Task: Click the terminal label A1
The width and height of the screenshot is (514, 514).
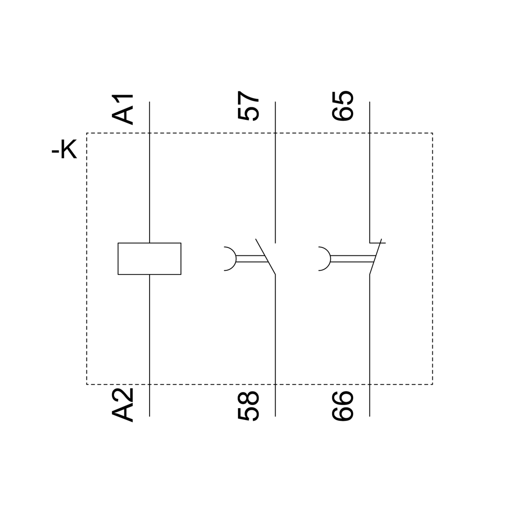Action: [123, 109]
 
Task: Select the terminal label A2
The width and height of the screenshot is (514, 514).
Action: [123, 405]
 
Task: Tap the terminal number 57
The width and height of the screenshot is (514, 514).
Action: [248, 106]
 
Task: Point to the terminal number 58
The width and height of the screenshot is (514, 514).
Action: [248, 406]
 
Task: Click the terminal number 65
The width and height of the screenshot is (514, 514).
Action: [342, 106]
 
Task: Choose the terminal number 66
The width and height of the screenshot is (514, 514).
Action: [342, 406]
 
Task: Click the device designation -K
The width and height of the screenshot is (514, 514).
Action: [64, 150]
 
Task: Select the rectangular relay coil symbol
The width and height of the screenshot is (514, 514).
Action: [150, 259]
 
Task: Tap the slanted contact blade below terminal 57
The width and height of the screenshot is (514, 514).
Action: [266, 256]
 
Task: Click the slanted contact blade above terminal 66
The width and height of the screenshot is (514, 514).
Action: [376, 256]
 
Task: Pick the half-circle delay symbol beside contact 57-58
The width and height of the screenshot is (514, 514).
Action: [230, 259]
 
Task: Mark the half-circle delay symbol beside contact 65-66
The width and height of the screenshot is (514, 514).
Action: [324, 259]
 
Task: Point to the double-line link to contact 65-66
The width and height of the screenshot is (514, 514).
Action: [353, 259]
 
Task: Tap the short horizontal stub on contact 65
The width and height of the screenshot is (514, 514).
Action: [378, 243]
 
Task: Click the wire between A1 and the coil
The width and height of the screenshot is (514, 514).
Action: [150, 172]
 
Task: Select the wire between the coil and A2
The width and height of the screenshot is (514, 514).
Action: [150, 345]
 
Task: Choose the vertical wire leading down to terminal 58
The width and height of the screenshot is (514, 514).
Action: [276, 345]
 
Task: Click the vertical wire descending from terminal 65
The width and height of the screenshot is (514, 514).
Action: [370, 172]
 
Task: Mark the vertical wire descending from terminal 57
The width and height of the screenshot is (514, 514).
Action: [276, 172]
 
